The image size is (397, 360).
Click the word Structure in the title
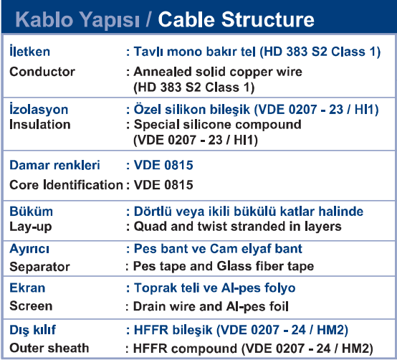tap(267, 19)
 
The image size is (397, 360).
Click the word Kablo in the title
tap(44, 19)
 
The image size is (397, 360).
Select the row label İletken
tap(29, 51)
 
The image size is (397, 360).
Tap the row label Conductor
tap(42, 72)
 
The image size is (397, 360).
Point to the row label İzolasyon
tap(39, 109)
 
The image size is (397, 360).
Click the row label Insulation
tap(39, 125)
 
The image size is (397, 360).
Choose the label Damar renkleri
tap(54, 165)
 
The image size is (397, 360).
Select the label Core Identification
tap(66, 185)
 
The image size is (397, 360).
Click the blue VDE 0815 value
tap(163, 165)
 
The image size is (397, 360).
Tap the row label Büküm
tap(31, 212)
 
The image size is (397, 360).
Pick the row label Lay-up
tap(30, 227)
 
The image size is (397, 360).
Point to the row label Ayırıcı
tap(29, 249)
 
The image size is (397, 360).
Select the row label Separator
tap(39, 267)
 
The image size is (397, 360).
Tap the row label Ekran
tap(27, 288)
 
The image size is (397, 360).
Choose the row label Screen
tap(31, 306)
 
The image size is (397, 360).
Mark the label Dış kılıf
tap(32, 331)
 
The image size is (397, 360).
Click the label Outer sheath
tap(49, 348)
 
